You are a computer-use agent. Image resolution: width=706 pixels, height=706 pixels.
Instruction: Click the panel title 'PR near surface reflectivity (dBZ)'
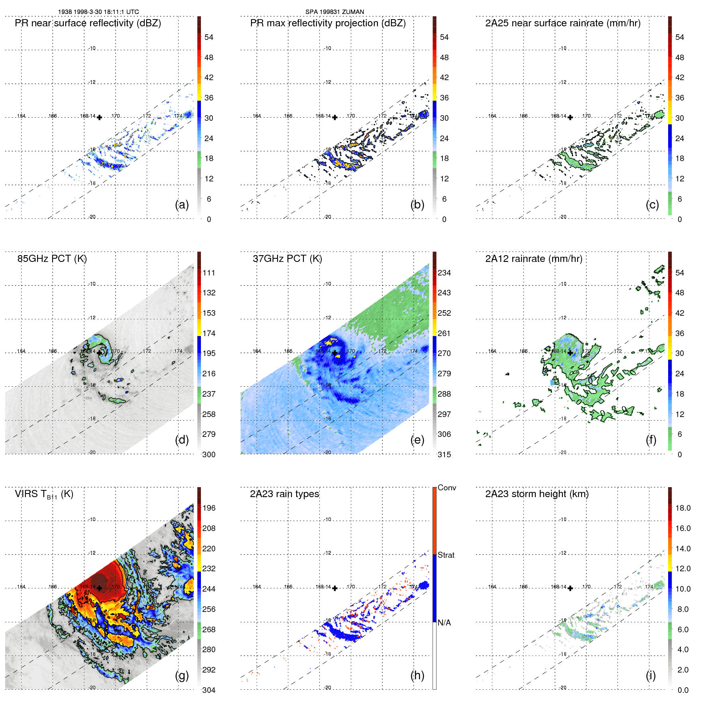click(88, 23)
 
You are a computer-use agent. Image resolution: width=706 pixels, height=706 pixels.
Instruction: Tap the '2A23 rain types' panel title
click(284, 494)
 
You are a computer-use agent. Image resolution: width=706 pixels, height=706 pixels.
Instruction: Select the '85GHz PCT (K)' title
click(52, 259)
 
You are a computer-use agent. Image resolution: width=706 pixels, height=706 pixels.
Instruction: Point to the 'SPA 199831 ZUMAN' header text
click(334, 12)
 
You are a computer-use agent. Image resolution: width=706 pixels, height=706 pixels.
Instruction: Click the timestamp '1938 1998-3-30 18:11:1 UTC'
click(98, 12)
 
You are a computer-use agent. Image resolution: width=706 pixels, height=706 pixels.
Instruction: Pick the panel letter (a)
click(182, 205)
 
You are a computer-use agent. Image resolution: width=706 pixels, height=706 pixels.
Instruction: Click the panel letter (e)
click(417, 440)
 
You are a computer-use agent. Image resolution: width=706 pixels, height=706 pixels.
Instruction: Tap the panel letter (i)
click(651, 675)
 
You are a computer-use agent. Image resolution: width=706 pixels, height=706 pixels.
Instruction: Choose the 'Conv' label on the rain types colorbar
click(446, 488)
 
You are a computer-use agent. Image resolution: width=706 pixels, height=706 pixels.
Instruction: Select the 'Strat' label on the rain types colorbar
click(446, 555)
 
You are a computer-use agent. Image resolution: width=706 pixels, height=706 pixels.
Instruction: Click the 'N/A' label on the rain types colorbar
click(444, 623)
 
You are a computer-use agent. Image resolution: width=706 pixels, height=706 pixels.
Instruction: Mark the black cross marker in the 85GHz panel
click(99, 353)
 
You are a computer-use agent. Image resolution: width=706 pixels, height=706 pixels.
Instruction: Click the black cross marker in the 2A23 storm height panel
click(570, 588)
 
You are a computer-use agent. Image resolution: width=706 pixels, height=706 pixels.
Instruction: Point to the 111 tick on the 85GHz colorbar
click(209, 273)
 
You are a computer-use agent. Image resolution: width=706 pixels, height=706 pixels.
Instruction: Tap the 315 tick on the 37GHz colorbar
click(444, 455)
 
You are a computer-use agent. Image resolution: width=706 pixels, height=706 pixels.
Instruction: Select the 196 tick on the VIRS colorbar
click(209, 508)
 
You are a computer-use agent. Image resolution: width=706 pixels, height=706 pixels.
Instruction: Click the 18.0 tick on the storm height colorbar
click(683, 508)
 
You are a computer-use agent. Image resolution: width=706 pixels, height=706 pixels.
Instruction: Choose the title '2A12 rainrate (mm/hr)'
click(533, 259)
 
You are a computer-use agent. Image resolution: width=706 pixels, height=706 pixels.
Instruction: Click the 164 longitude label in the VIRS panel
click(22, 587)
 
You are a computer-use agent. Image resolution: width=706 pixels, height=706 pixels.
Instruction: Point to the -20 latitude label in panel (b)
click(327, 217)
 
